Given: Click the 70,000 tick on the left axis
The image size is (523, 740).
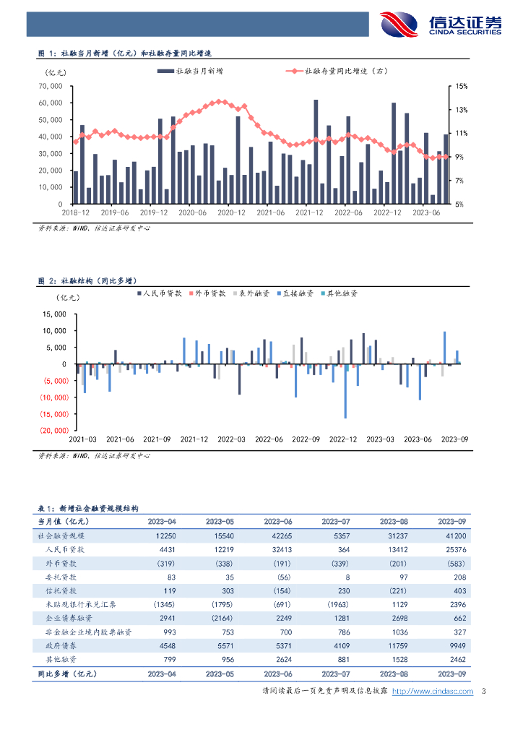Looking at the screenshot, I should coord(53,86).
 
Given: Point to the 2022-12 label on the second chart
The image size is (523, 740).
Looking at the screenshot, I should coord(342,439).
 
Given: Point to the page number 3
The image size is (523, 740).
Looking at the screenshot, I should coord(483,692).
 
